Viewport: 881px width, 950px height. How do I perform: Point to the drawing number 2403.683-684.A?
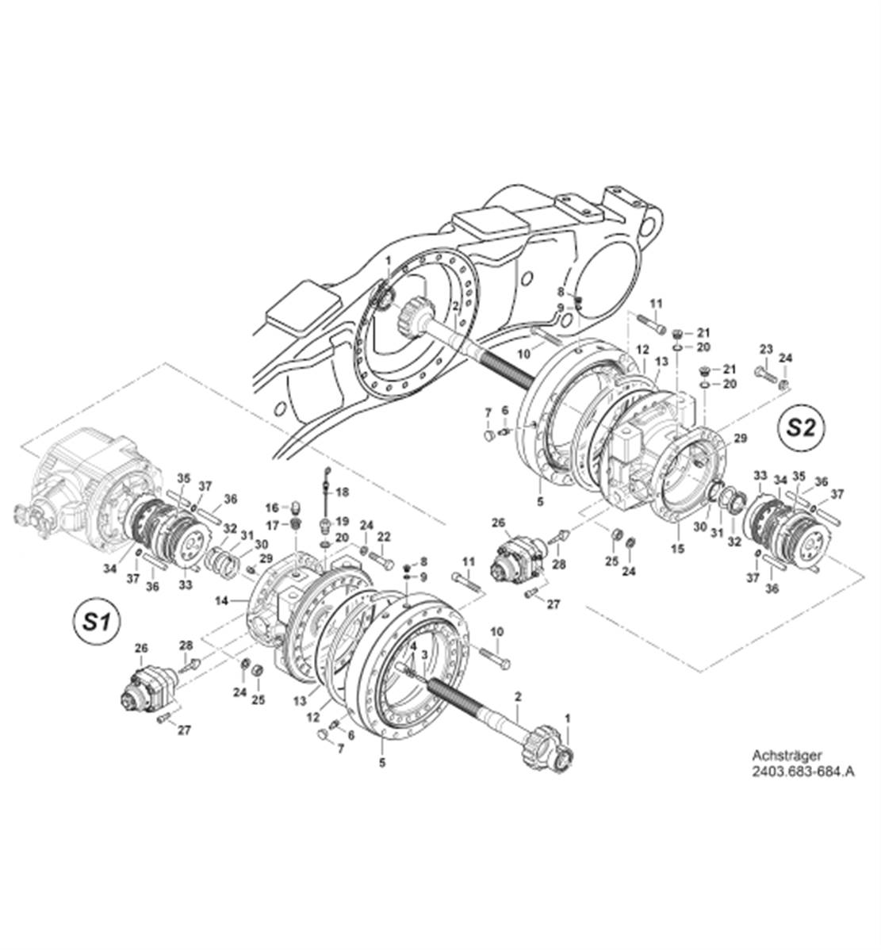click(x=803, y=770)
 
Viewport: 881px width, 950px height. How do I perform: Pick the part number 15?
click(x=677, y=548)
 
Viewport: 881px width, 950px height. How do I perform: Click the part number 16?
click(x=271, y=508)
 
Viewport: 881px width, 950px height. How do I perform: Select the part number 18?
click(x=343, y=492)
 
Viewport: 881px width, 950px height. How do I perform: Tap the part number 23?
click(x=765, y=349)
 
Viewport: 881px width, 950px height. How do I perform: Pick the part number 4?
click(x=413, y=645)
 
